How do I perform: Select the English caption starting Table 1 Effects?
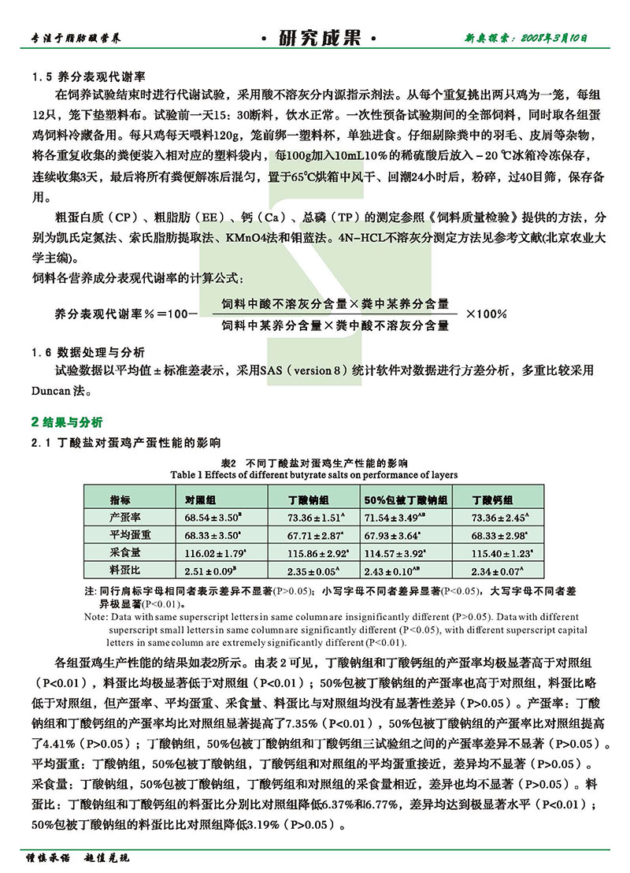point(313,475)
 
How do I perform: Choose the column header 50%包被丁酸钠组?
point(406,500)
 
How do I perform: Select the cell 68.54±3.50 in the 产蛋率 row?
point(211,518)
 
